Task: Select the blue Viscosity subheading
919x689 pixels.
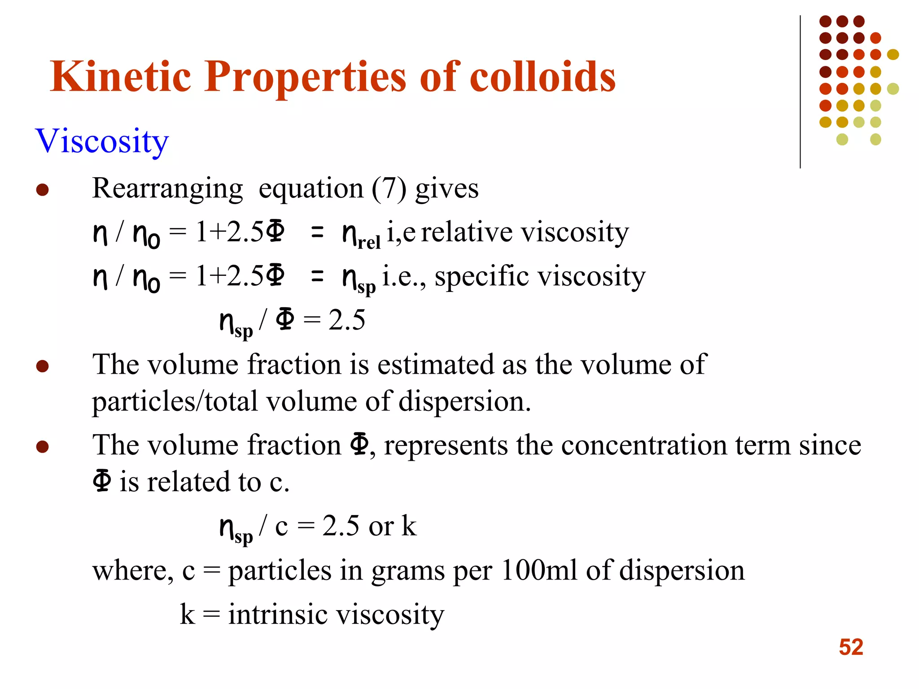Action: (102, 141)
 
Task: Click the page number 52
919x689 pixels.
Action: (851, 647)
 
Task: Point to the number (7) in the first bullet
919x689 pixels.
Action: (389, 189)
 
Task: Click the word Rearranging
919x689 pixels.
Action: (167, 189)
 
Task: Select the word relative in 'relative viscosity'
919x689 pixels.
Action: (466, 232)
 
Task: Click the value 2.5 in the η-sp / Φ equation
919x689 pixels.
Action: (346, 320)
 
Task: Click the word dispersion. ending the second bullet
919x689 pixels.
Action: (464, 401)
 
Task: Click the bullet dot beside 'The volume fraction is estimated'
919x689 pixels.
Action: (42, 366)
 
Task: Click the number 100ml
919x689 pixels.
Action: (539, 571)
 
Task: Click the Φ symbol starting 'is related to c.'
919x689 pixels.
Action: (102, 481)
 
